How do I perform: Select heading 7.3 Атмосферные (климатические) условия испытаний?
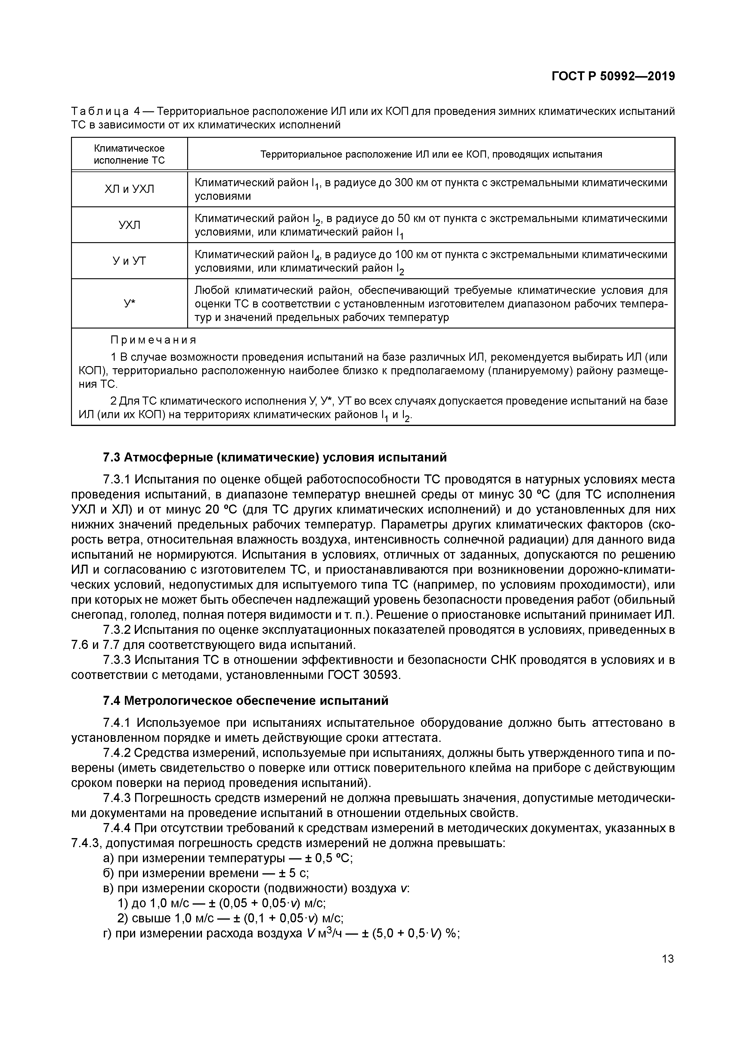click(274, 457)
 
